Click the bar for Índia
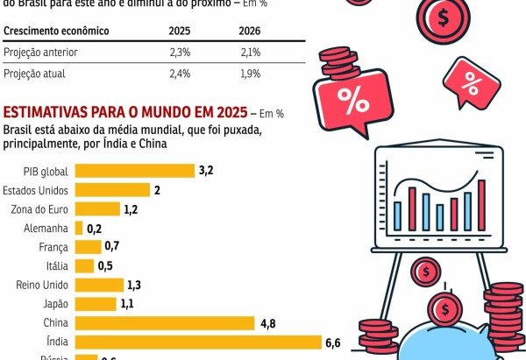tap(198, 342)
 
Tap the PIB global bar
tap(135, 170)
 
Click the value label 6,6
tap(332, 342)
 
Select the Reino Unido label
tap(42, 285)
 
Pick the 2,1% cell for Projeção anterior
tap(250, 53)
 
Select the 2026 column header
tap(249, 31)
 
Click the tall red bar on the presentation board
tap(481, 204)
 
